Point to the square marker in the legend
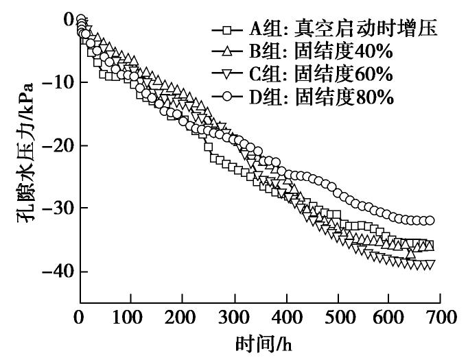(x=227, y=30)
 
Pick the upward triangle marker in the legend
(x=227, y=52)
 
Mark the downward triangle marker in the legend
(x=227, y=75)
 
